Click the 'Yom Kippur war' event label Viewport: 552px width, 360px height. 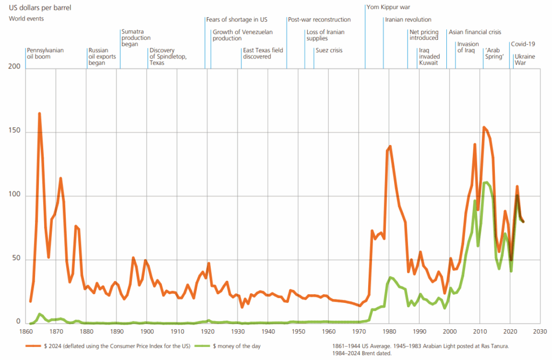tap(388, 7)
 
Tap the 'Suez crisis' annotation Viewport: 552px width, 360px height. tap(329, 50)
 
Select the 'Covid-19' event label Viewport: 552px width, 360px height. tap(523, 44)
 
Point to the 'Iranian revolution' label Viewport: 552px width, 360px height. tap(408, 20)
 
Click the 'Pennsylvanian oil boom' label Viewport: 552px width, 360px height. tap(45, 53)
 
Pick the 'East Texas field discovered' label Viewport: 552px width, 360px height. tap(263, 53)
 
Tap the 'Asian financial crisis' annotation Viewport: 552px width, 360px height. tap(474, 32)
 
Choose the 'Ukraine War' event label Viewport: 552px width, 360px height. tap(525, 59)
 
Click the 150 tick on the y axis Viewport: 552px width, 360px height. tap(15, 130)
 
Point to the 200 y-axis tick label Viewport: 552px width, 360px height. tap(15, 66)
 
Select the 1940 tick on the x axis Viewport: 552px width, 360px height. tap(268, 331)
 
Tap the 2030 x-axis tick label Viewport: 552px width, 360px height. tap(540, 331)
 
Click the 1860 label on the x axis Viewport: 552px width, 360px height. tap(25, 331)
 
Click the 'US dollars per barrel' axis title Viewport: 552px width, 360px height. tap(40, 8)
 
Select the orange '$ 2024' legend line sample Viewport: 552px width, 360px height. tap(33, 347)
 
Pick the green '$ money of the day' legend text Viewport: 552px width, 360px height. tap(237, 347)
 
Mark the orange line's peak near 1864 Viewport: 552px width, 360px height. tap(39, 113)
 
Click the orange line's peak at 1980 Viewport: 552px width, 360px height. tap(390, 147)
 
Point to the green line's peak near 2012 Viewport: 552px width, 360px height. tap(487, 182)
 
